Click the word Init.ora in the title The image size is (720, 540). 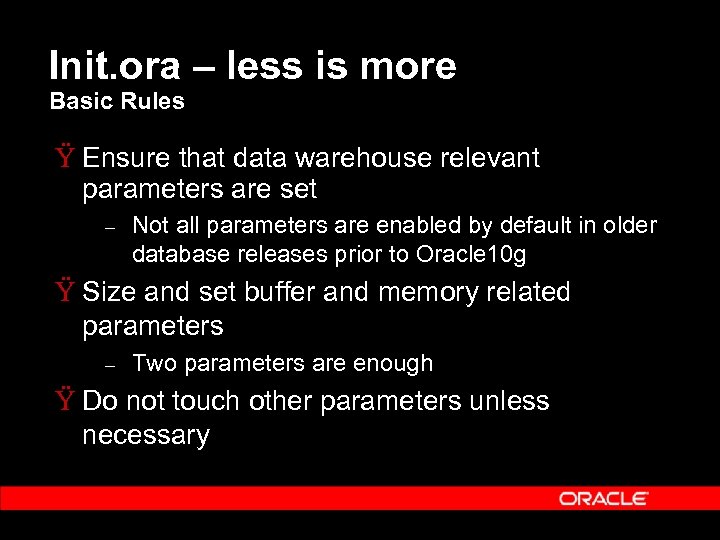(x=115, y=66)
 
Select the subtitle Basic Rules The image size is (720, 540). (x=117, y=101)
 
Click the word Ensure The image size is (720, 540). (x=127, y=158)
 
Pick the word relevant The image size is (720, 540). (x=490, y=158)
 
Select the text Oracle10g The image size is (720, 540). (x=471, y=254)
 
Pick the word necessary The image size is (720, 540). (x=146, y=436)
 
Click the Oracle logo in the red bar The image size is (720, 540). (x=603, y=498)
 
